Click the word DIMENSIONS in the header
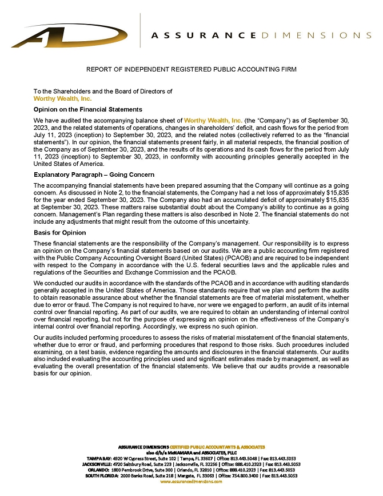click(316, 35)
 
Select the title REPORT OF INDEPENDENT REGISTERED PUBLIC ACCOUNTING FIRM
click(191, 69)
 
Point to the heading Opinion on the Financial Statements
click(88, 109)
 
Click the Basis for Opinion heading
click(60, 233)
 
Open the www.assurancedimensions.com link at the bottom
click(191, 481)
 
